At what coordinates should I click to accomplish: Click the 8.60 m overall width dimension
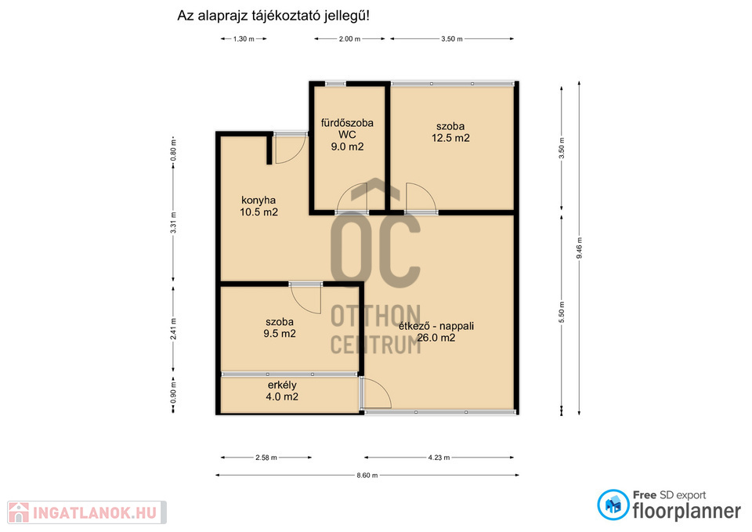pyautogui.click(x=367, y=476)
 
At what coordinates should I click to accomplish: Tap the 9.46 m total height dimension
pyautogui.click(x=580, y=248)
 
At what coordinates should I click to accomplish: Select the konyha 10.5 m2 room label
pyautogui.click(x=259, y=206)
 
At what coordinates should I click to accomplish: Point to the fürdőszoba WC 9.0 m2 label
pyautogui.click(x=347, y=135)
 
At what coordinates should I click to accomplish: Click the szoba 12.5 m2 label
pyautogui.click(x=450, y=132)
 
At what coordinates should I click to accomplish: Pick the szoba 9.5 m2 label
pyautogui.click(x=280, y=328)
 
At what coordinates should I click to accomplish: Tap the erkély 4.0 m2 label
pyautogui.click(x=282, y=390)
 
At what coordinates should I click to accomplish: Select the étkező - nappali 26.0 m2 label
pyautogui.click(x=436, y=331)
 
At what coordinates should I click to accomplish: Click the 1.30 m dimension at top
pyautogui.click(x=244, y=39)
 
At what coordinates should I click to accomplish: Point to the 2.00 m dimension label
pyautogui.click(x=349, y=39)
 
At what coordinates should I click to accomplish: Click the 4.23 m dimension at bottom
pyautogui.click(x=439, y=458)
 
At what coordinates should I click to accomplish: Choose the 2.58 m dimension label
pyautogui.click(x=266, y=458)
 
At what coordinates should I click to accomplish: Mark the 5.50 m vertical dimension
pyautogui.click(x=562, y=313)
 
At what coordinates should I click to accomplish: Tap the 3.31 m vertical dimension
pyautogui.click(x=174, y=223)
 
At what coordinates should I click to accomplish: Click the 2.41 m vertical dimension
pyautogui.click(x=174, y=329)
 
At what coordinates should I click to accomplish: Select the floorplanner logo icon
pyautogui.click(x=613, y=505)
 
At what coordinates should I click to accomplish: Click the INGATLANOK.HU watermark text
pyautogui.click(x=95, y=513)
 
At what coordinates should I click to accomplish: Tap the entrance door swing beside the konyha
pyautogui.click(x=290, y=150)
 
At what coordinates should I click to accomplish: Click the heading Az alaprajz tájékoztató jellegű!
pyautogui.click(x=273, y=16)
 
